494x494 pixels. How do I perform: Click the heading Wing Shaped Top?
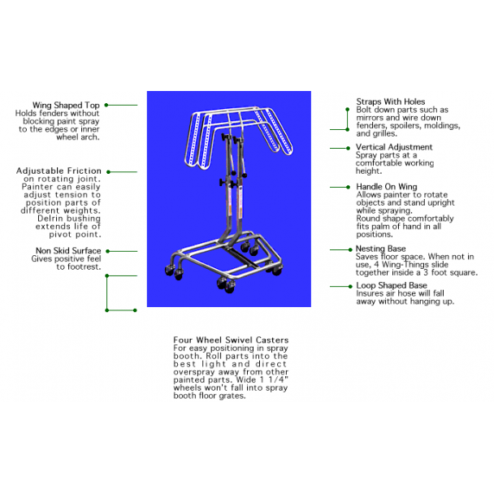click(x=66, y=106)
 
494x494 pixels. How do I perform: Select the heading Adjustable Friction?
click(x=59, y=171)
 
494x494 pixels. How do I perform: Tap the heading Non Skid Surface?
click(x=68, y=251)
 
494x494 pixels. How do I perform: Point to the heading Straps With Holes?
click(x=391, y=102)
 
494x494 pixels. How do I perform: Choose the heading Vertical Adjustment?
click(x=394, y=147)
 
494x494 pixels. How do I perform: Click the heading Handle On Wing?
click(x=387, y=187)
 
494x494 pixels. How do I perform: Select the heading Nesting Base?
click(x=381, y=249)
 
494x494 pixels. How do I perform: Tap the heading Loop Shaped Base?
click(x=392, y=285)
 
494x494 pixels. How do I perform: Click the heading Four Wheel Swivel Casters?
click(x=231, y=340)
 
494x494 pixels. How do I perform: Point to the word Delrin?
click(x=51, y=219)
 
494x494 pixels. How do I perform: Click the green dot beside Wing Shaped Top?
click(x=106, y=105)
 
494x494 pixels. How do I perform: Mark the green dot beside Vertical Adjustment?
click(x=348, y=148)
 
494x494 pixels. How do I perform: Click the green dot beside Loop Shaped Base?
click(x=350, y=286)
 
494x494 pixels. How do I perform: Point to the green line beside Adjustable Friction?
click(x=123, y=171)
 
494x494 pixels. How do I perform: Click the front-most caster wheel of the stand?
click(x=230, y=287)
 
